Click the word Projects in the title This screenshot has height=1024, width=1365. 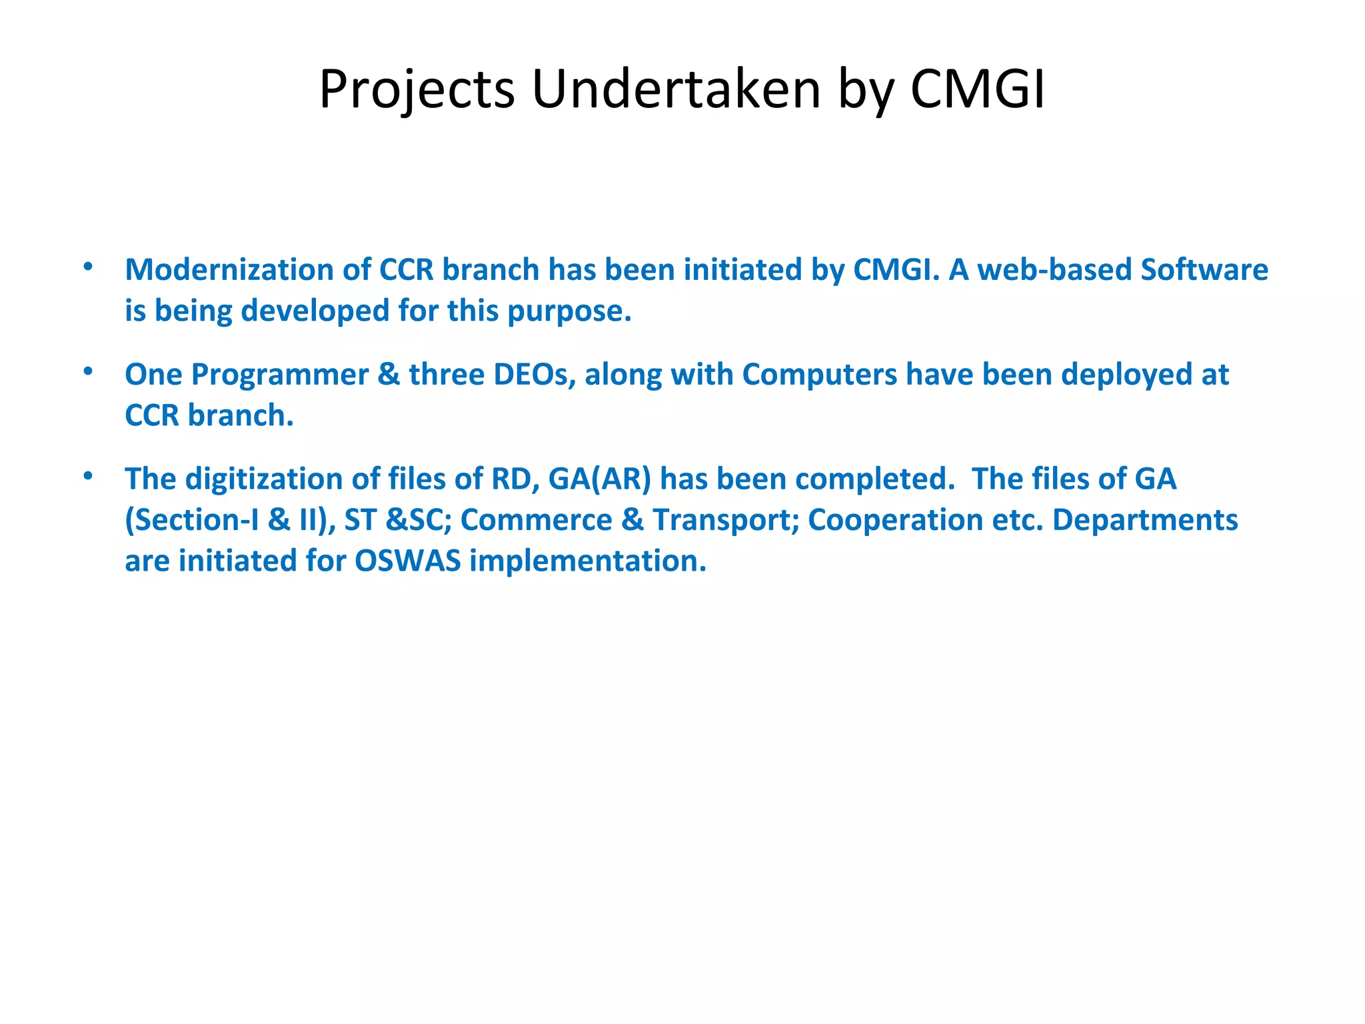click(417, 90)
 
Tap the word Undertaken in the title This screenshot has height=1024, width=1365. click(676, 90)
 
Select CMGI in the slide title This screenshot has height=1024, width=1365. click(977, 90)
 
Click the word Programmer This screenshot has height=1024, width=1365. click(279, 375)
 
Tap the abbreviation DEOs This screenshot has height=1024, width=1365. click(534, 375)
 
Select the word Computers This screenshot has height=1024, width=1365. click(819, 375)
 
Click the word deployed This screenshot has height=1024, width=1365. click(1126, 375)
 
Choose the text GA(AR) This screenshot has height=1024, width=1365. click(599, 479)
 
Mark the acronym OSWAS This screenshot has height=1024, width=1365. click(407, 561)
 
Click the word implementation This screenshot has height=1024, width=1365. click(587, 561)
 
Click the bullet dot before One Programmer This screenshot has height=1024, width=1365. click(88, 371)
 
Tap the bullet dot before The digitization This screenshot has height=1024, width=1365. click(88, 476)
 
